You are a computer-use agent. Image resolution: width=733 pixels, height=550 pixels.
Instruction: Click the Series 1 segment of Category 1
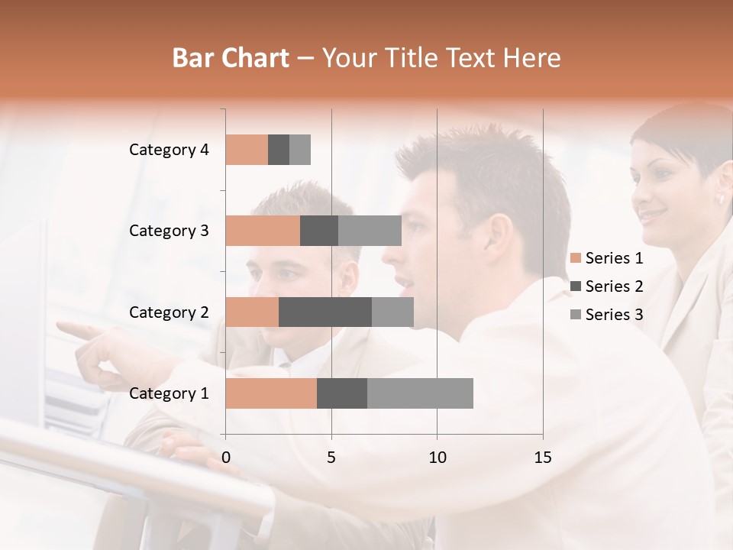271,393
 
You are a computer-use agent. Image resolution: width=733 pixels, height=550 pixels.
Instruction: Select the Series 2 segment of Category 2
325,312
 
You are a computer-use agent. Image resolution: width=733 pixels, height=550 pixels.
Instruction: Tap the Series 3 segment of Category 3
370,231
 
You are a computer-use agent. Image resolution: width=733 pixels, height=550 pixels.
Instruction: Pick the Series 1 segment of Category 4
247,150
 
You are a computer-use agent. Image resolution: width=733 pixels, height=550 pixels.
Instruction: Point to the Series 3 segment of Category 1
420,393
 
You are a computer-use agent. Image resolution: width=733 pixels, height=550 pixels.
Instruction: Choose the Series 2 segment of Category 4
279,150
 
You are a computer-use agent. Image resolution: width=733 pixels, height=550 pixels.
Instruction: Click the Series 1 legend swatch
575,258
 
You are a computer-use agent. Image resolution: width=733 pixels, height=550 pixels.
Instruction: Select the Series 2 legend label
614,286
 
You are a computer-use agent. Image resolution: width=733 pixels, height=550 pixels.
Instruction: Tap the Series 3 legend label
614,315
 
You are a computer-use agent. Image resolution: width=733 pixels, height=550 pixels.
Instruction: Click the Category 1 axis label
168,393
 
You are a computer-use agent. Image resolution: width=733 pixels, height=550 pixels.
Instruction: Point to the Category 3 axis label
168,231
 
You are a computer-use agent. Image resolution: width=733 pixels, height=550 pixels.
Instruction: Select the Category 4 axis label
168,150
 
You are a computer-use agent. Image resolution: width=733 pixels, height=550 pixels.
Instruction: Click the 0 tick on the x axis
226,458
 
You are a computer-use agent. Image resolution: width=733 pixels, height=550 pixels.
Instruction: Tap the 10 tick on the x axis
437,458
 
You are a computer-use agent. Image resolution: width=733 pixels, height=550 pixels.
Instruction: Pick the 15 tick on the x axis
542,458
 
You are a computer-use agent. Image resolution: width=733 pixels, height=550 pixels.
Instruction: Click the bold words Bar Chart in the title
231,58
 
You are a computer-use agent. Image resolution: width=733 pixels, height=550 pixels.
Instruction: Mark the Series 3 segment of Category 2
392,312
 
